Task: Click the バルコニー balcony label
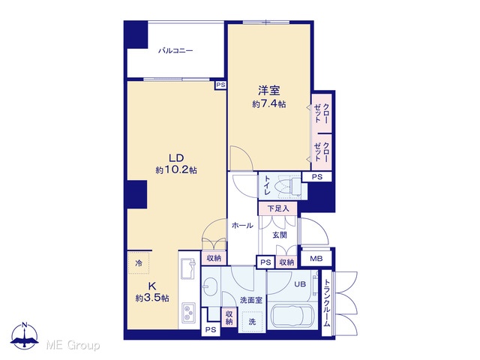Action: (x=175, y=50)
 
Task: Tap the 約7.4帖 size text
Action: (x=269, y=104)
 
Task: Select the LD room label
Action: (x=176, y=158)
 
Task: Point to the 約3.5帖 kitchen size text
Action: (x=152, y=298)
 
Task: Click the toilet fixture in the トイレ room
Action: (x=288, y=186)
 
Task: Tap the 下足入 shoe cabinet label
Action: (x=278, y=208)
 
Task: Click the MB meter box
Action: (x=316, y=259)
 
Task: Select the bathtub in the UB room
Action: (x=292, y=316)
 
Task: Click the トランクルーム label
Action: (x=327, y=302)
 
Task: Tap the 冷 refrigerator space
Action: (x=139, y=262)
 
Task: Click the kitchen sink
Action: (x=188, y=268)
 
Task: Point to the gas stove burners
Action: (x=188, y=313)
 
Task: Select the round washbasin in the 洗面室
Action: (x=210, y=286)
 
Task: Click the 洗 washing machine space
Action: (x=252, y=322)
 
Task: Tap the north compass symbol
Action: (x=25, y=336)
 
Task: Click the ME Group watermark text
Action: (x=73, y=345)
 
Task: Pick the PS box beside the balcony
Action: (x=220, y=85)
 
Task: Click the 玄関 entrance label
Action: (x=280, y=235)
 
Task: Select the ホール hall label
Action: (x=242, y=226)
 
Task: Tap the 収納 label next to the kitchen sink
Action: (x=214, y=258)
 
